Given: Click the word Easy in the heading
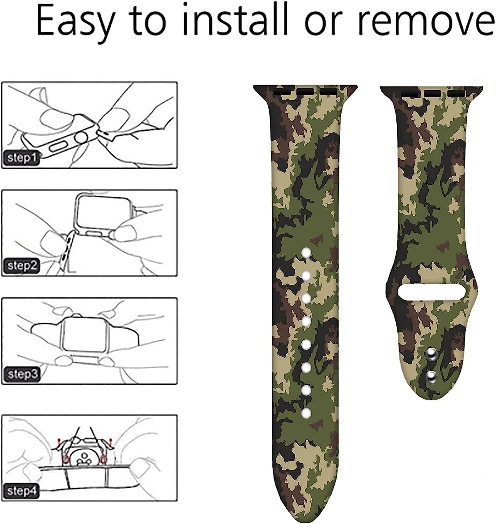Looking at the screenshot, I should click(x=75, y=22).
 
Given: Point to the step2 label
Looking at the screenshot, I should click(x=22, y=265).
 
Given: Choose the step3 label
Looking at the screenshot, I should click(x=22, y=374).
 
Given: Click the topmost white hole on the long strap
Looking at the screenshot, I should click(x=306, y=253).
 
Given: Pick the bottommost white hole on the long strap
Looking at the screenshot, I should click(x=306, y=413).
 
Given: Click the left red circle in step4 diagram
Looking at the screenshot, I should click(x=65, y=459).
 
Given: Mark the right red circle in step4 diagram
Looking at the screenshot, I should click(x=103, y=459).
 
